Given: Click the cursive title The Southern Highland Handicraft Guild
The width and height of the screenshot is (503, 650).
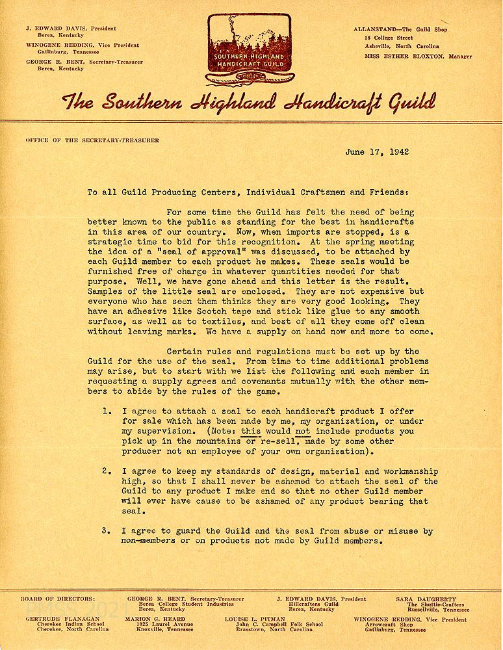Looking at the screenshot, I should (x=249, y=102).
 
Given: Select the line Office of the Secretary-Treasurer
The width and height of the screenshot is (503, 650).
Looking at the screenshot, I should (x=92, y=140).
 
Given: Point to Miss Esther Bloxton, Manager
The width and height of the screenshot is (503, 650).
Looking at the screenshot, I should (x=418, y=57).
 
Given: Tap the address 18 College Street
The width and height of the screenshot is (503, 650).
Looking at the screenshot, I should (x=389, y=38).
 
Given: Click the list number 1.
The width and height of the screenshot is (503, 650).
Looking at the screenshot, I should (x=107, y=411).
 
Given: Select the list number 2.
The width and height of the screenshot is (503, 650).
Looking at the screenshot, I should (x=107, y=471).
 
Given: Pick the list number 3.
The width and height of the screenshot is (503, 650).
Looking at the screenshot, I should (x=107, y=531).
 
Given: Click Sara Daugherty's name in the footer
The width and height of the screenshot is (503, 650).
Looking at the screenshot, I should (x=426, y=599).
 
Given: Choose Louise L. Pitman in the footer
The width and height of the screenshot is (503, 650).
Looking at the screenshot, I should (x=255, y=619).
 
